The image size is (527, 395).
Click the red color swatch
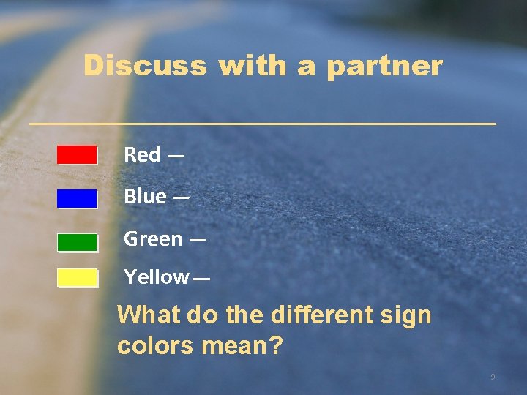click(x=77, y=155)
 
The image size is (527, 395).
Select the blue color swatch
click(x=77, y=199)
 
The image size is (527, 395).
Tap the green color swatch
click(x=77, y=242)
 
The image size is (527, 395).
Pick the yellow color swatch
click(x=77, y=278)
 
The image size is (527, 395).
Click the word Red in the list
click(x=142, y=155)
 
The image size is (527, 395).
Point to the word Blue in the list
click(x=145, y=197)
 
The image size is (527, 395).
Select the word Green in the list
click(x=153, y=239)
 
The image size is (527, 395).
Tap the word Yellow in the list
click(x=156, y=277)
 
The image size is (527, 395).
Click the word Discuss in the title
click(x=145, y=66)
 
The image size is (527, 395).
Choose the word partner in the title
click(x=384, y=66)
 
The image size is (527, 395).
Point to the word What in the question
click(x=149, y=316)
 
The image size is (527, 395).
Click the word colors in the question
click(x=155, y=345)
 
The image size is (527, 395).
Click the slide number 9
click(x=493, y=377)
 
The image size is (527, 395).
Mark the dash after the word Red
click(x=175, y=156)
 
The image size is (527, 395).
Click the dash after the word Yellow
click(x=201, y=279)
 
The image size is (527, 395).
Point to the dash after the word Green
click(x=198, y=240)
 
